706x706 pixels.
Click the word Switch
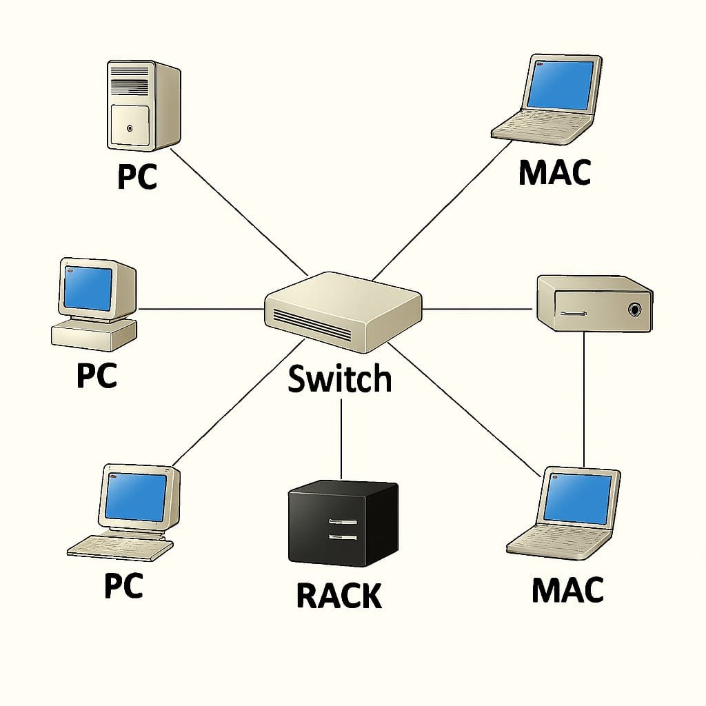pyautogui.click(x=340, y=379)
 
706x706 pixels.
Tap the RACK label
pyautogui.click(x=339, y=596)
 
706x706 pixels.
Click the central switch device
pyautogui.click(x=343, y=311)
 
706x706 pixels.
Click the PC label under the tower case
pyautogui.click(x=137, y=176)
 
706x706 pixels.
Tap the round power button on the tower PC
pyautogui.click(x=130, y=128)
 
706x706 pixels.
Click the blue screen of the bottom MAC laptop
pyautogui.click(x=578, y=497)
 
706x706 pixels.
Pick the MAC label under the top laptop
pyautogui.click(x=554, y=172)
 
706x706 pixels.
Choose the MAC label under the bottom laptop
pyautogui.click(x=567, y=590)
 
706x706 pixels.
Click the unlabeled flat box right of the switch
pyautogui.click(x=594, y=303)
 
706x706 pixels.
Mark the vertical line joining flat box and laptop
pyautogui.click(x=584, y=400)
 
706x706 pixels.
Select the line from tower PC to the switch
pyautogui.click(x=238, y=211)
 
